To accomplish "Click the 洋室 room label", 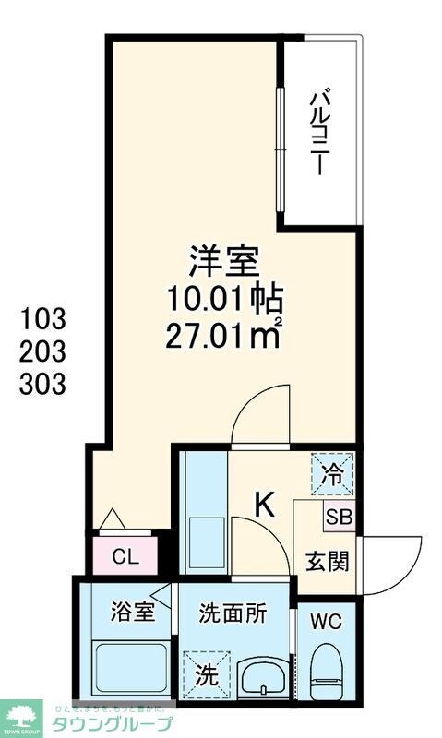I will coord(222,262).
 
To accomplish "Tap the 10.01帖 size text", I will coord(222,299).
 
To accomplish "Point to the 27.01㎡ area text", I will coord(222,333).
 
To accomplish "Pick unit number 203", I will coord(42,351).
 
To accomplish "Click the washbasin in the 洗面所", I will coord(263,677).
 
